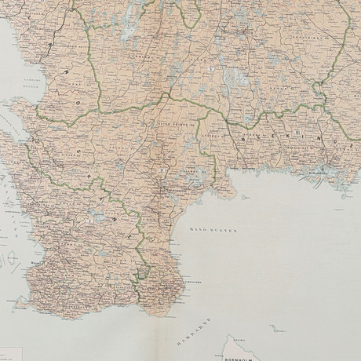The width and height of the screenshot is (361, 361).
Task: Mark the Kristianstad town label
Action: (x=174, y=189)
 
